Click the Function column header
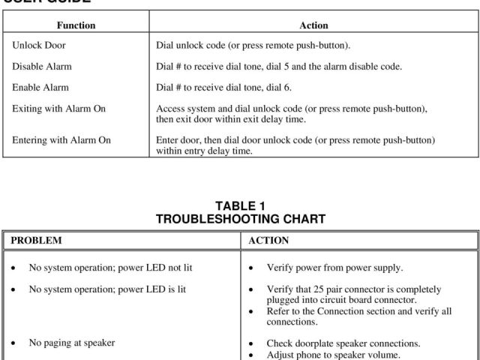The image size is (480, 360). tap(76, 25)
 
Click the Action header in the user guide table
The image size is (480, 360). tap(313, 25)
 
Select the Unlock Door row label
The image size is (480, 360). tap(39, 46)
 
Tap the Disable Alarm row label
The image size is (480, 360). tap(42, 67)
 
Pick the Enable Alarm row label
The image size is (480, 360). tap(40, 88)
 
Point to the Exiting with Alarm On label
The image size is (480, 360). tap(59, 109)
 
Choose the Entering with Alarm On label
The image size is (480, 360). tap(61, 140)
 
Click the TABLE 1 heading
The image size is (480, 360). tap(240, 206)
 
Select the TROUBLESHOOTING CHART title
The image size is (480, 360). tap(240, 219)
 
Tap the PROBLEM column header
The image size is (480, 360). tap(36, 241)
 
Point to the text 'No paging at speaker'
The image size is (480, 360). tap(72, 343)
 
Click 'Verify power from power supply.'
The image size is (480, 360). tap(334, 268)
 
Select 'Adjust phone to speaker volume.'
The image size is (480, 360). tap(334, 355)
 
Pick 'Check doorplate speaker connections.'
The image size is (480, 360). tap(343, 343)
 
